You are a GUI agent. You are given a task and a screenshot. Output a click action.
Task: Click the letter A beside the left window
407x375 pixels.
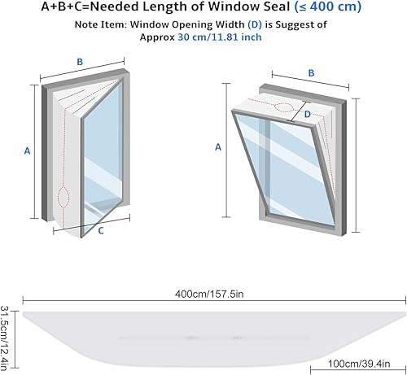(27, 150)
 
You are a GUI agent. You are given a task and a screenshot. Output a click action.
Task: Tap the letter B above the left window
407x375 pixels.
(79, 61)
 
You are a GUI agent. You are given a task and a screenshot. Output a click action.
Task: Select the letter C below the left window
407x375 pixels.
(100, 230)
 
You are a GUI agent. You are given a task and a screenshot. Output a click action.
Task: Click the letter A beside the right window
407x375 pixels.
(217, 146)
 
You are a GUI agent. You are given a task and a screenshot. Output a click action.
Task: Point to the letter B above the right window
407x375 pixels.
(311, 72)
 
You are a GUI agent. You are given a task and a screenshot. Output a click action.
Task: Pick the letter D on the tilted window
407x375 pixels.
(307, 116)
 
